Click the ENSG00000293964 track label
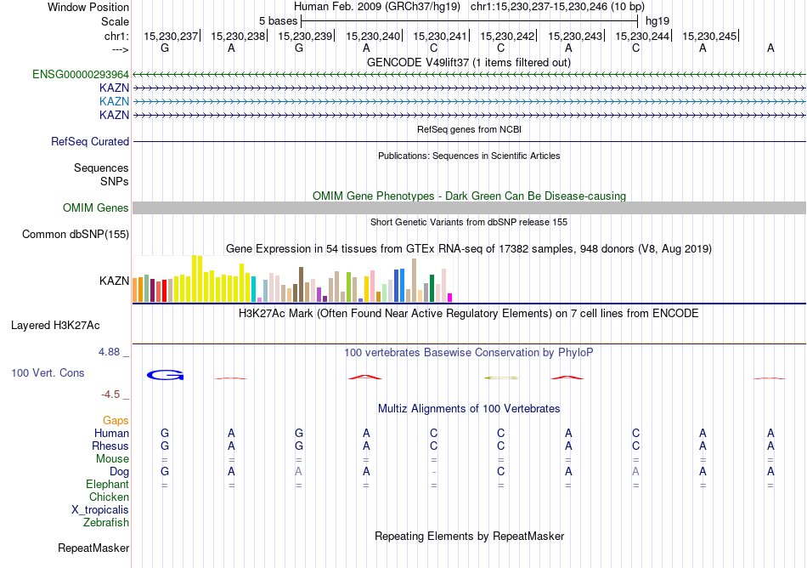click(81, 74)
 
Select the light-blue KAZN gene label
click(114, 101)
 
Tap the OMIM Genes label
click(96, 208)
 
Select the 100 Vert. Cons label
click(48, 372)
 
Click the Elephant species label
click(108, 484)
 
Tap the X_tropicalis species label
click(100, 510)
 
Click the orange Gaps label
click(116, 421)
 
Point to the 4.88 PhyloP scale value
click(112, 351)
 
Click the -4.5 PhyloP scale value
click(114, 395)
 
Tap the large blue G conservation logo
click(165, 375)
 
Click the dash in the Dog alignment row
click(433, 472)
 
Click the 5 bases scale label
click(278, 20)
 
